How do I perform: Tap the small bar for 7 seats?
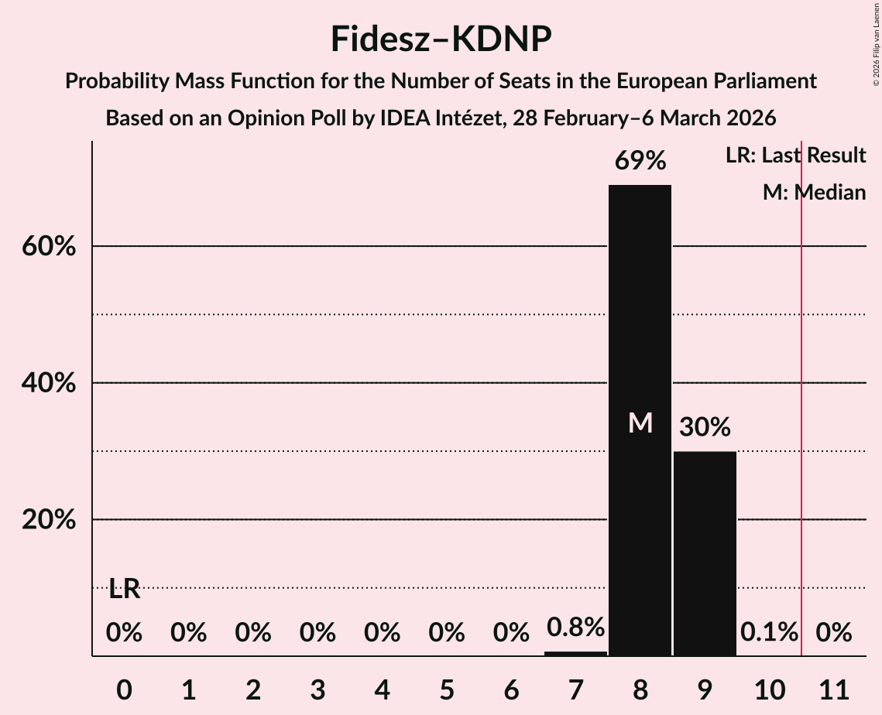tap(575, 653)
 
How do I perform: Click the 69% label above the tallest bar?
tap(640, 161)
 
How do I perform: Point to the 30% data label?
tap(705, 427)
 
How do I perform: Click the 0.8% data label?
tap(575, 628)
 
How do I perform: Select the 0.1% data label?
tap(769, 633)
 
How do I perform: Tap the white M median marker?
tap(640, 423)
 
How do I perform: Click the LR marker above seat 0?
tap(124, 590)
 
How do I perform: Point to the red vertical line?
tap(801, 387)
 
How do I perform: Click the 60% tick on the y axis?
tap(49, 247)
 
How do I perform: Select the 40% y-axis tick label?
tap(49, 384)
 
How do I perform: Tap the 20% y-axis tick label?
tap(49, 520)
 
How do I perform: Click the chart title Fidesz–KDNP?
tap(441, 39)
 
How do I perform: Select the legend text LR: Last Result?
tap(795, 156)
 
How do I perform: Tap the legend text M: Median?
tap(814, 193)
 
